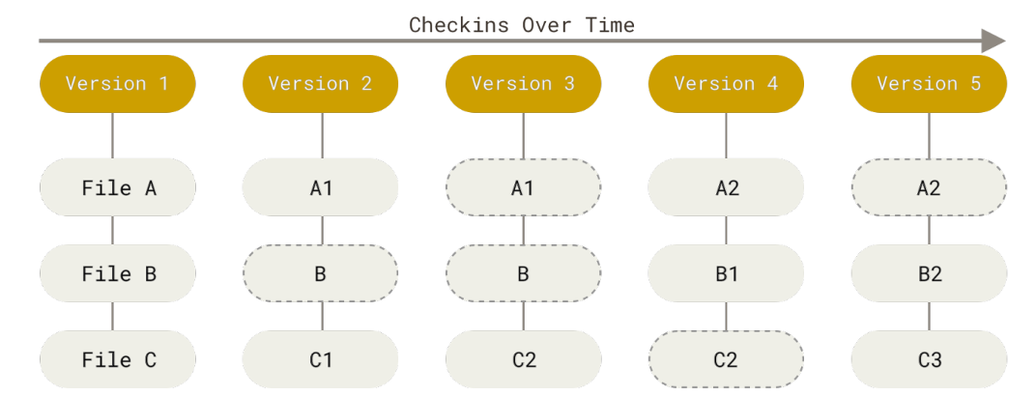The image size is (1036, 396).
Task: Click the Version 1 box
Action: click(117, 84)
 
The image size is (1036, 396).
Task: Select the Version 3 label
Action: click(523, 84)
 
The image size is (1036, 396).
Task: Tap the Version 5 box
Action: click(929, 84)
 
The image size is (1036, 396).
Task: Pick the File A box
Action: click(117, 187)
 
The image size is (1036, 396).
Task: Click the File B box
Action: click(117, 273)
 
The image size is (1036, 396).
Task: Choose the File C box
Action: click(117, 359)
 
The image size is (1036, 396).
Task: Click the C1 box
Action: click(320, 359)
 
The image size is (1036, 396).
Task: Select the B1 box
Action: click(726, 273)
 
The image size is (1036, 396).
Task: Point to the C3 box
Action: click(929, 359)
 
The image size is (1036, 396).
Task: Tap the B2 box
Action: click(929, 273)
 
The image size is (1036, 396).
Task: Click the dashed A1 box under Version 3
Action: click(523, 187)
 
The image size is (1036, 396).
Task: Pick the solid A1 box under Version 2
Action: click(320, 187)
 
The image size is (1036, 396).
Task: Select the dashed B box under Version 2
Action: click(320, 273)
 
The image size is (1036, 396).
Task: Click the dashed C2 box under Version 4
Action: click(726, 359)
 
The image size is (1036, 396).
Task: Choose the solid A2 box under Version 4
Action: click(726, 187)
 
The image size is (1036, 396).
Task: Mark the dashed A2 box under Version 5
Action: click(929, 187)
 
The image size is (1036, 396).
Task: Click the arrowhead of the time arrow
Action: click(993, 42)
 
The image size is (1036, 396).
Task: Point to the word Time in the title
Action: click(609, 24)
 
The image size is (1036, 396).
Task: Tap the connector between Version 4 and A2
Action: click(726, 135)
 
